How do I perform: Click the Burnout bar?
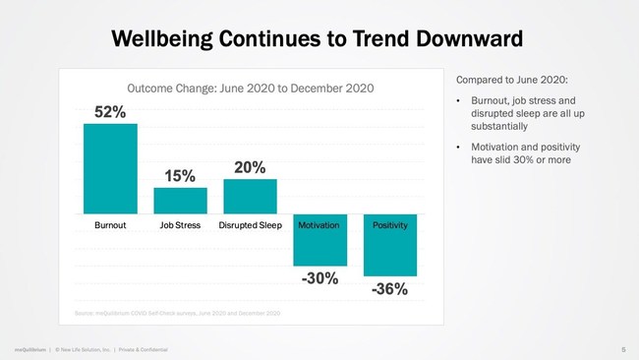pos(110,168)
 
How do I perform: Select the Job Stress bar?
pos(180,201)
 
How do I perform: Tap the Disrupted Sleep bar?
pos(250,197)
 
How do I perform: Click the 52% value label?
pos(109,112)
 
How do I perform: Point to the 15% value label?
pos(180,176)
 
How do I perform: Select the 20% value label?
pos(250,167)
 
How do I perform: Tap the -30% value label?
pos(319,278)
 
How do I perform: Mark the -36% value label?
pos(389,289)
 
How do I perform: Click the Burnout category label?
pos(110,225)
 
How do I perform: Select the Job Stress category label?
pos(180,225)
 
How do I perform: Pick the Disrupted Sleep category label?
pos(250,225)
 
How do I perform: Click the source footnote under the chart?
pos(178,312)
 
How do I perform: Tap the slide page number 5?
pos(623,349)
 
